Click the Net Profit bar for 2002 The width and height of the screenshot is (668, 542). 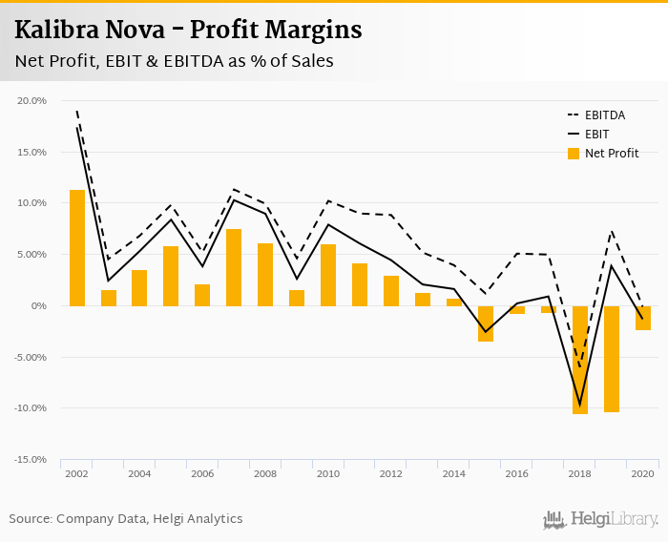coord(77,248)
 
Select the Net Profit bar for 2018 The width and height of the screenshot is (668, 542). coord(579,360)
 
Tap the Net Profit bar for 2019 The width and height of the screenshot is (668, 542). coord(611,359)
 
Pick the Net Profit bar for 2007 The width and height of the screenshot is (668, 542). coord(234,267)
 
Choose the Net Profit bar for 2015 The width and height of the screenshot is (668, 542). coord(485,323)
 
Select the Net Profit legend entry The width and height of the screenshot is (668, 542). coord(612,153)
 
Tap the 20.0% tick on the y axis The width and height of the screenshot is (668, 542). coord(32,100)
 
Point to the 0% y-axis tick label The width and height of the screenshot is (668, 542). coord(38,306)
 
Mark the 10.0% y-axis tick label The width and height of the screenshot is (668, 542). coord(32,203)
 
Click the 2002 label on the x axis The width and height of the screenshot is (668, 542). coord(77,474)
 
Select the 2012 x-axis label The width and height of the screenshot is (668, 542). coord(391,474)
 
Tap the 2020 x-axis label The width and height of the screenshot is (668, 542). coord(642,474)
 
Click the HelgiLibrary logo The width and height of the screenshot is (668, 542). coord(601,519)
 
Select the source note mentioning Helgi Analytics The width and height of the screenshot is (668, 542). coord(126,519)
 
